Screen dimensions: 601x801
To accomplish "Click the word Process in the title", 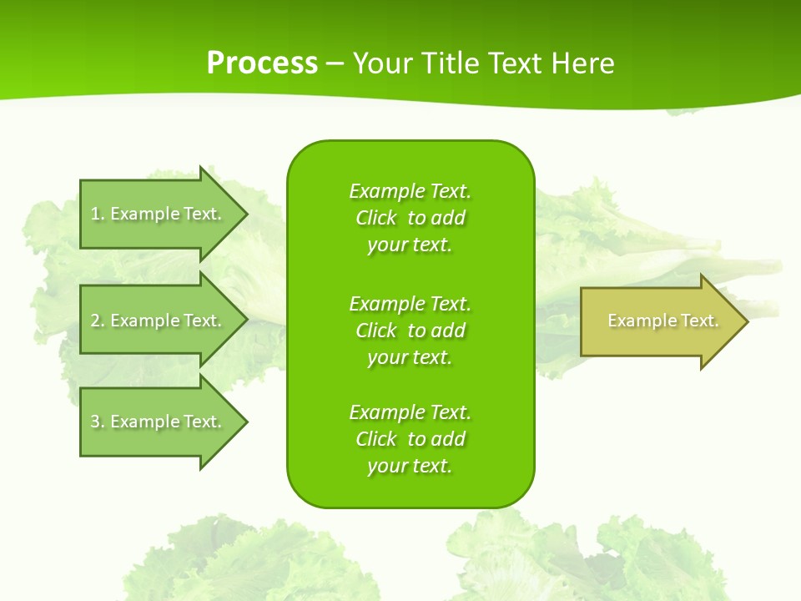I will coord(262,63).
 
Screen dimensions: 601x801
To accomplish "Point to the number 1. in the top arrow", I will coord(98,214).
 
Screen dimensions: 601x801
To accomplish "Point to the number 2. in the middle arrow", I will coord(98,321).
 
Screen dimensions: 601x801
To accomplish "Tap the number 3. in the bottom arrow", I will coord(98,422).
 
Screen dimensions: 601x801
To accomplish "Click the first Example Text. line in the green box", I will coord(410,191).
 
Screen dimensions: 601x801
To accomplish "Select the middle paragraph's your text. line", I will coord(410,357).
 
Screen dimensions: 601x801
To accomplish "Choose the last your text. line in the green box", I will coord(410,466).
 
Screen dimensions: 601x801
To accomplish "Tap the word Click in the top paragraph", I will coord(375,218).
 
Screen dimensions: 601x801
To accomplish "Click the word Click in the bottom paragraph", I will coord(375,439).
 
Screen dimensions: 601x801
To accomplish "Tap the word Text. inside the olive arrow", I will coord(699,321).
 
